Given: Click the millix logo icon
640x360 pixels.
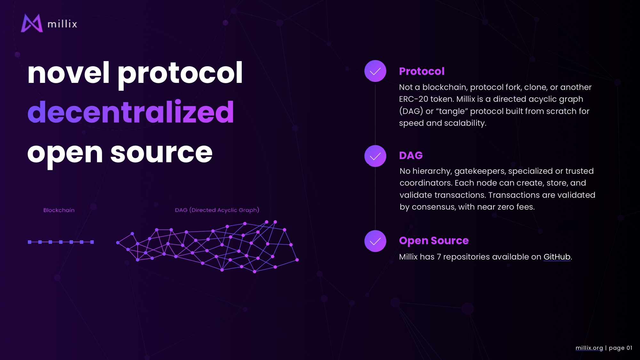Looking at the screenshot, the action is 32,23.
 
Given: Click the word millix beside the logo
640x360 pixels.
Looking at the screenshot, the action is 62,24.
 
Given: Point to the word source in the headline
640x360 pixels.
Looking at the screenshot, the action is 161,153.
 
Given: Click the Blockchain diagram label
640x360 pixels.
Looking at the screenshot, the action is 59,210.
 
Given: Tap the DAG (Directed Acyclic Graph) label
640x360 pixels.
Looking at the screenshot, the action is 217,210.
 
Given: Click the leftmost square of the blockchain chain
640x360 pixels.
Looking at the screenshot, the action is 30,242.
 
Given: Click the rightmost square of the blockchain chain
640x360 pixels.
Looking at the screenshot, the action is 92,242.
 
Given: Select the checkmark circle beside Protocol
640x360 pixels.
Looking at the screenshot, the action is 375,71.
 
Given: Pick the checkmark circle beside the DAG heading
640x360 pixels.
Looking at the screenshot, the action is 375,156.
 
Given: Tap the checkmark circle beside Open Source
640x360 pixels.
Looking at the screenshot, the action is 375,241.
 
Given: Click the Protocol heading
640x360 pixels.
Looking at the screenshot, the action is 422,71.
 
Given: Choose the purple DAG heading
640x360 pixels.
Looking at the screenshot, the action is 411,155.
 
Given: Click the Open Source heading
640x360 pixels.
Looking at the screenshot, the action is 434,241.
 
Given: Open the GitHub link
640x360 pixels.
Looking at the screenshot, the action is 557,257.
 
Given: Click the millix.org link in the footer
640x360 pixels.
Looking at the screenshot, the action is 589,348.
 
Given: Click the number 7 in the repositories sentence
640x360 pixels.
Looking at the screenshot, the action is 439,257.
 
